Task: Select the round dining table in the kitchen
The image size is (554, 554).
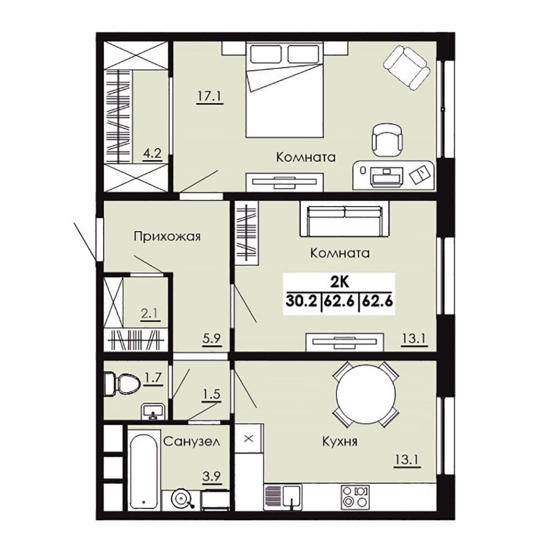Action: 366,394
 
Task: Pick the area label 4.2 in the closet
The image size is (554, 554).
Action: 152,154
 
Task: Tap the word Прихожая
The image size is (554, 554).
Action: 167,236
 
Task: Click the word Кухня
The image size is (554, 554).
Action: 340,442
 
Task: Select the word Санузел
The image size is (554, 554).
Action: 191,441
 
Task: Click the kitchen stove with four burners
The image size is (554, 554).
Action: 355,497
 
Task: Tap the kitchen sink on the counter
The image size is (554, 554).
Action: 291,496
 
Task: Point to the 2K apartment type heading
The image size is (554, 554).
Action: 340,282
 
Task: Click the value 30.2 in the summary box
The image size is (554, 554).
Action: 302,302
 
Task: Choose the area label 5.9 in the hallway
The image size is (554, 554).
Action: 212,339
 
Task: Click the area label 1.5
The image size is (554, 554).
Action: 211,394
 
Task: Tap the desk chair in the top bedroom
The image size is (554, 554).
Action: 387,139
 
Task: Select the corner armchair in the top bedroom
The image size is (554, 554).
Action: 407,68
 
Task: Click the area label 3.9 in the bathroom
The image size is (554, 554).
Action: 212,477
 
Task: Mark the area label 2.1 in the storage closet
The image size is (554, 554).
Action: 150,313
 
